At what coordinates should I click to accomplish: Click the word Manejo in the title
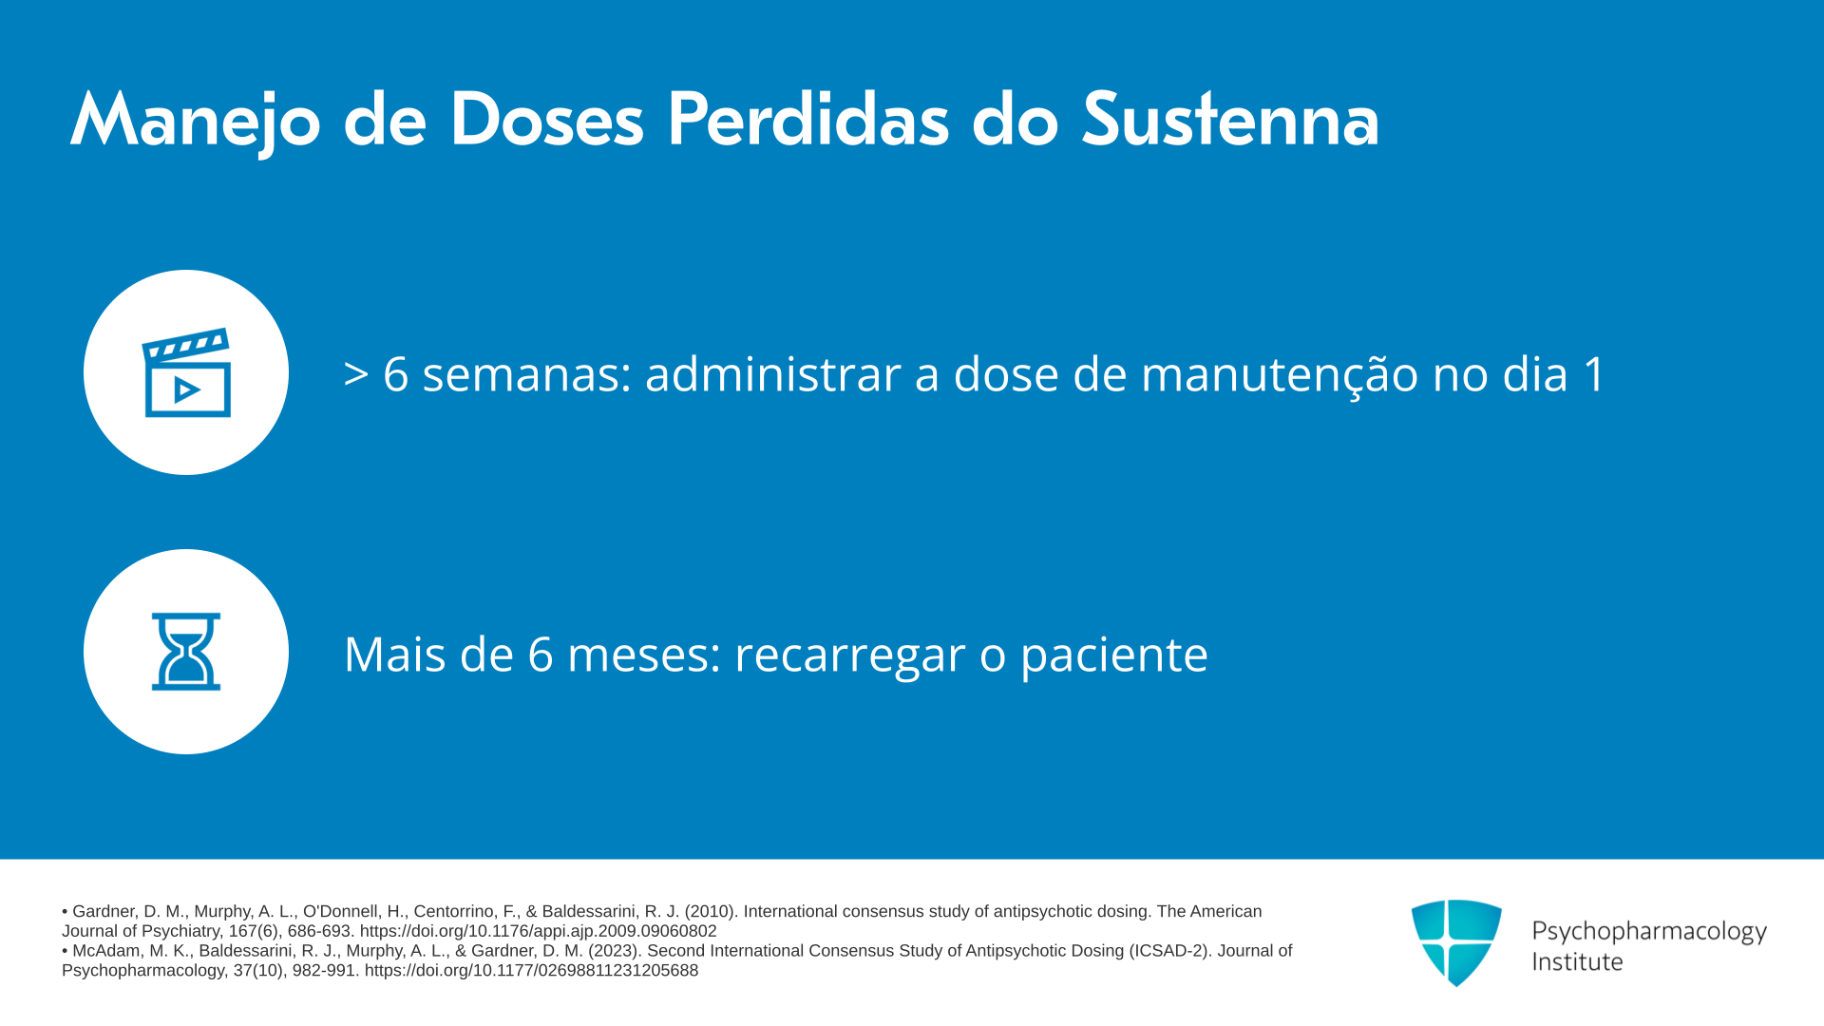tap(196, 122)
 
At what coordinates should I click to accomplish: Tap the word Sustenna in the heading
tap(1230, 120)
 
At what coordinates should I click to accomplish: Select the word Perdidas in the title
tap(808, 120)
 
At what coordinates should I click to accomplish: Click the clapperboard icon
tap(186, 372)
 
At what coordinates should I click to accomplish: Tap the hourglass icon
tap(186, 652)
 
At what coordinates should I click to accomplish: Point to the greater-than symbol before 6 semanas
tap(356, 374)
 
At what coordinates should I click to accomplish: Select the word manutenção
tap(1280, 374)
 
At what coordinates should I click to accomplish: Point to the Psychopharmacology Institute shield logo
tap(1456, 942)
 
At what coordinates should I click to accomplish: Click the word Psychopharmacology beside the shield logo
tap(1649, 932)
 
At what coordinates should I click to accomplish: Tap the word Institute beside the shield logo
tap(1577, 961)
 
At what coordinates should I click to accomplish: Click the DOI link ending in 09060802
tap(538, 931)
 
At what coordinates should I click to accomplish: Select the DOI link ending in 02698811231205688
tap(531, 971)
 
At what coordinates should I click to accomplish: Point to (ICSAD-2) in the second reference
tap(1170, 951)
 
